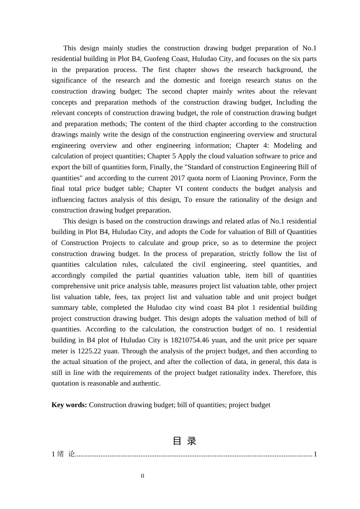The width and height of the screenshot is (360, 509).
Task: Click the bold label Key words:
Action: (x=69, y=405)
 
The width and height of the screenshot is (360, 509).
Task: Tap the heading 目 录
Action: (x=185, y=441)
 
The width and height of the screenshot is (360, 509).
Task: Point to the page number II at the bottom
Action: (x=142, y=476)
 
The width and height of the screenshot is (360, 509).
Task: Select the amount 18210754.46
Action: (x=190, y=340)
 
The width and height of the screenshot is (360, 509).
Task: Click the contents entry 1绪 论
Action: (x=63, y=454)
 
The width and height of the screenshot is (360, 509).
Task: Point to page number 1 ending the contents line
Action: (x=315, y=454)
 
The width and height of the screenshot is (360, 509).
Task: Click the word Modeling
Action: (x=288, y=145)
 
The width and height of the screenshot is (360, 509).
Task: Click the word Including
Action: (x=290, y=102)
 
